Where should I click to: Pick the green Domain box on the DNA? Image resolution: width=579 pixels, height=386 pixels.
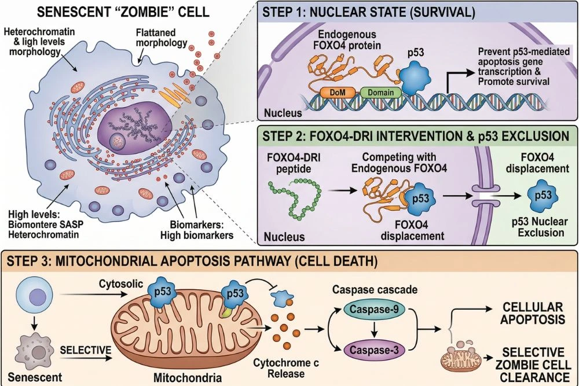tap(379, 92)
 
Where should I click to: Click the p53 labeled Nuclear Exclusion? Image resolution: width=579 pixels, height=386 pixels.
tap(543, 196)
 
